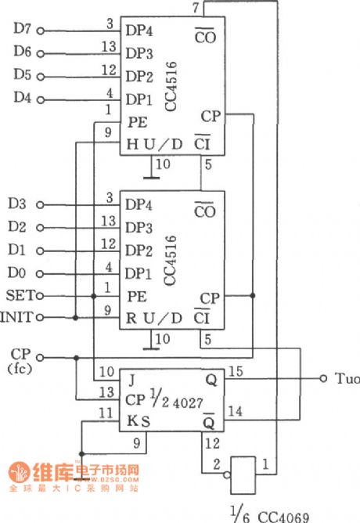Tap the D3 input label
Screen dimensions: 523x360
tap(18, 204)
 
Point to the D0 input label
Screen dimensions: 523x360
tap(18, 273)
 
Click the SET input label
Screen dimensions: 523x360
tap(17, 296)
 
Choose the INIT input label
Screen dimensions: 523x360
tap(17, 318)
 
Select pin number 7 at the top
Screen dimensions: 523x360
tap(195, 7)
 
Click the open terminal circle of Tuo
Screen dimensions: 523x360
tap(323, 380)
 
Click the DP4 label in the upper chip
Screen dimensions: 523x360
tap(139, 31)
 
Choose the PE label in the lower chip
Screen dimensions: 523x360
tap(137, 298)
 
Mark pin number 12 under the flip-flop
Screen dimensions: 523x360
tap(211, 444)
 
